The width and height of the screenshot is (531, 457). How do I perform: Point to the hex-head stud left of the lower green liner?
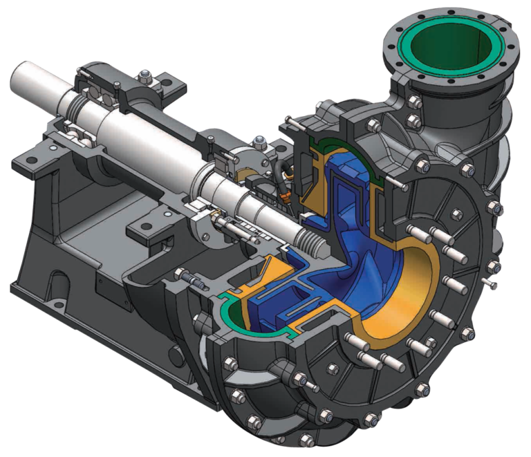point(189,280)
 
